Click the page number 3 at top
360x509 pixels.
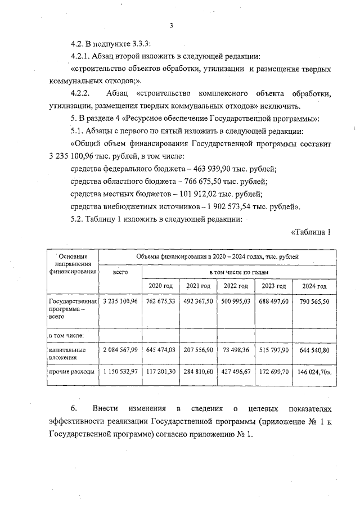[x=171, y=25]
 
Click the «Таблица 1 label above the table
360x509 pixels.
[x=310, y=232]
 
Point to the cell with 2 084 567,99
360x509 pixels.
[x=120, y=350]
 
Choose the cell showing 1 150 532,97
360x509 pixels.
[x=120, y=372]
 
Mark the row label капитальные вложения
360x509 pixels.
[x=67, y=353]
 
